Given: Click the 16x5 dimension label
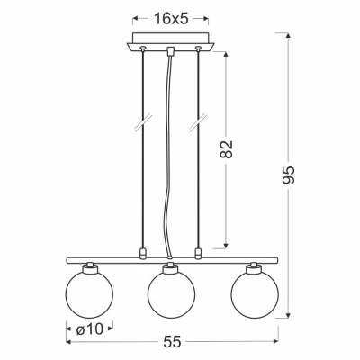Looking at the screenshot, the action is [x=171, y=19].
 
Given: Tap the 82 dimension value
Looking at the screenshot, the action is [x=226, y=149].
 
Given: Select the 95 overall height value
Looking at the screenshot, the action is [x=289, y=175].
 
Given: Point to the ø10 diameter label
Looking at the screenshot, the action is [x=89, y=330].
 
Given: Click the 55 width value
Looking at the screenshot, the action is [x=173, y=341].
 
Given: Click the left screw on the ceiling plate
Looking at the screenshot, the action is [x=143, y=48].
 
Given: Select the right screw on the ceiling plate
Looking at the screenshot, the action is [x=198, y=48].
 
